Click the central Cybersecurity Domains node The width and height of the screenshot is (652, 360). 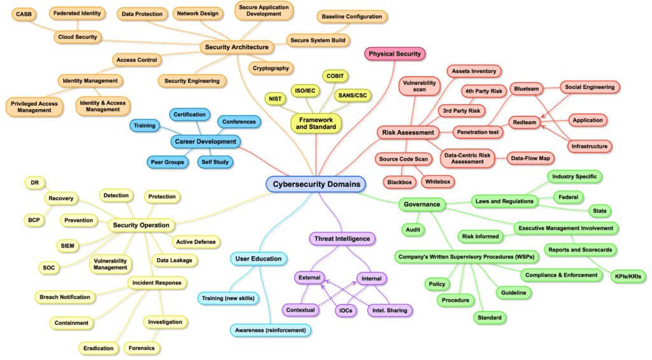[315, 185]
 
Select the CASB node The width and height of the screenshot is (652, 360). [25, 13]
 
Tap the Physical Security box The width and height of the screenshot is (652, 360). [395, 54]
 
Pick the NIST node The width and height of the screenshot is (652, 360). [275, 99]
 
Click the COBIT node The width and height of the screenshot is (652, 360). [334, 76]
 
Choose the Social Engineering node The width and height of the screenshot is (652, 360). [590, 87]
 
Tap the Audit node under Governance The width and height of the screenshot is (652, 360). [411, 229]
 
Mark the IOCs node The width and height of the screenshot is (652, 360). [346, 310]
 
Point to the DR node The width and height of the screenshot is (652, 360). [34, 183]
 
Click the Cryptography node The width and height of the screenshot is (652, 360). [271, 68]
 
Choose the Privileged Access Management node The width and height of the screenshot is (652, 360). [34, 106]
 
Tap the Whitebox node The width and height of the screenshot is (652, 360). [437, 182]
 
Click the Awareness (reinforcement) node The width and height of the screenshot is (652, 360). [270, 330]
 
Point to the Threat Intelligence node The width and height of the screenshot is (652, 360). [341, 239]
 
